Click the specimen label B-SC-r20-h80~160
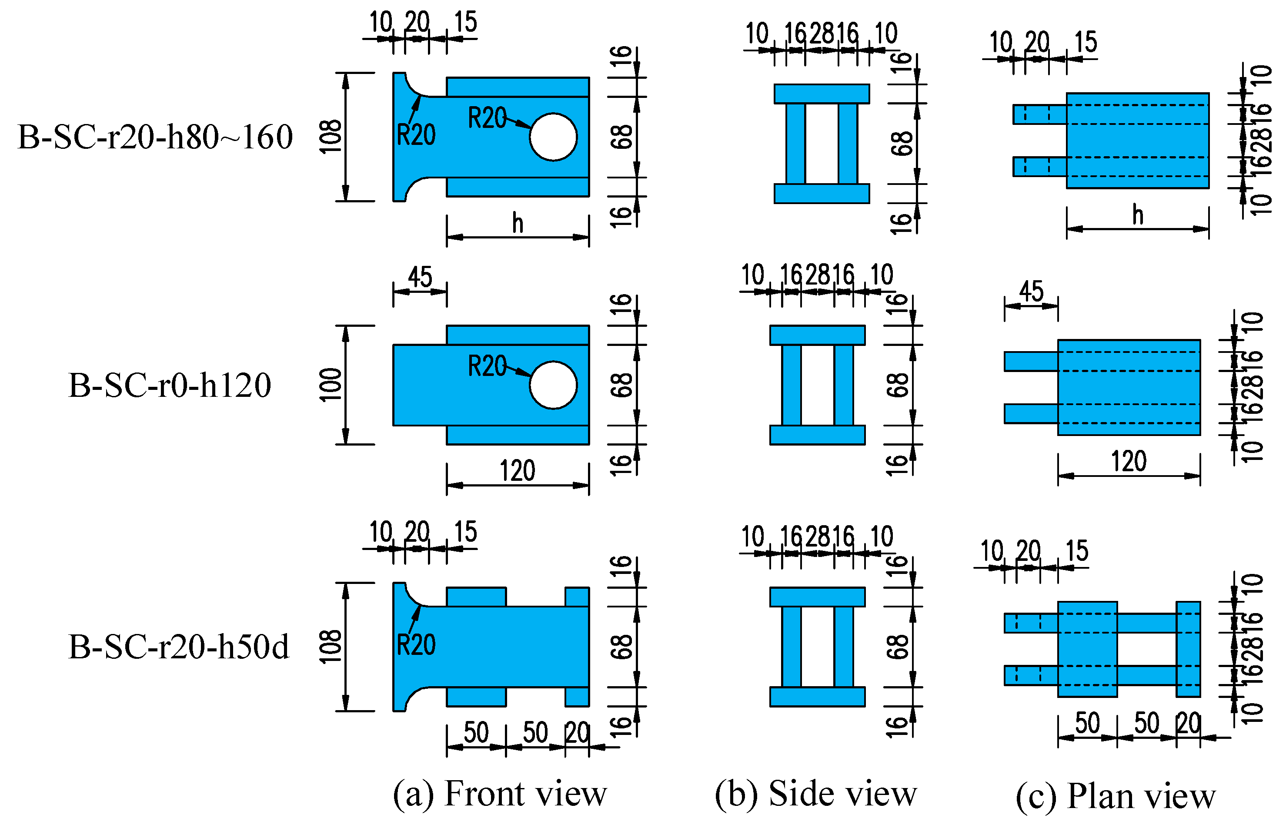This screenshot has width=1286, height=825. pyautogui.click(x=155, y=137)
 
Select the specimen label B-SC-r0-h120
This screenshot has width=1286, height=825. pyautogui.click(x=170, y=385)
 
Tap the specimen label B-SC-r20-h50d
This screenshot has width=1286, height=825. pyautogui.click(x=178, y=647)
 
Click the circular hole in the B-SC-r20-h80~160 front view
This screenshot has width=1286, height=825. pyautogui.click(x=553, y=137)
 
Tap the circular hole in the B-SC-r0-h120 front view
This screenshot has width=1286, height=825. pyautogui.click(x=553, y=385)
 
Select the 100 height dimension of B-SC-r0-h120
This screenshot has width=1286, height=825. pyautogui.click(x=331, y=385)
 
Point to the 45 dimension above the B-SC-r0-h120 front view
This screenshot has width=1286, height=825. pyautogui.click(x=420, y=278)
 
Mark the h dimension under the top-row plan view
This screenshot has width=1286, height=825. pyautogui.click(x=1138, y=215)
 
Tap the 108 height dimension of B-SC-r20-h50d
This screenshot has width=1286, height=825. pyautogui.click(x=331, y=647)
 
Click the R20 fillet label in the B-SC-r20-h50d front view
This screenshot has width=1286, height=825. pyautogui.click(x=416, y=644)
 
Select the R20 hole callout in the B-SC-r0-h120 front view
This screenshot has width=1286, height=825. pyautogui.click(x=487, y=366)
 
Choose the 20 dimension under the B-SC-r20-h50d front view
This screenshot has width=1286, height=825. pyautogui.click(x=578, y=733)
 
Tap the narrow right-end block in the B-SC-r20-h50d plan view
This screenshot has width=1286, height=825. pyautogui.click(x=1188, y=649)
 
